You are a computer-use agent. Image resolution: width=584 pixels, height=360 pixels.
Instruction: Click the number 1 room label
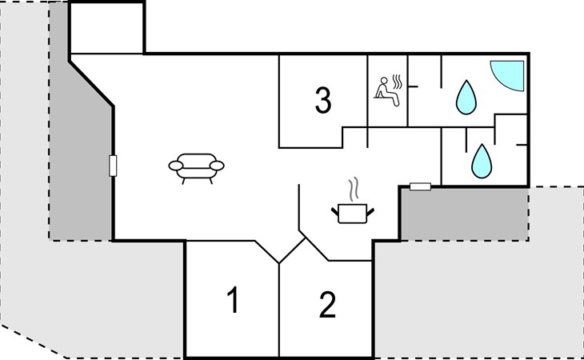click(232, 301)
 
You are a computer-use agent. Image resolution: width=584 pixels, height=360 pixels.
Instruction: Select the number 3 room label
click(322, 101)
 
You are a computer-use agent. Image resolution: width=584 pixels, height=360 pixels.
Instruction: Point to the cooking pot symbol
click(353, 213)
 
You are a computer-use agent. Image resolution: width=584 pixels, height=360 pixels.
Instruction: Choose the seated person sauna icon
click(387, 89)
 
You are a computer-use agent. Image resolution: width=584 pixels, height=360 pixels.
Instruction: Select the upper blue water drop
click(465, 97)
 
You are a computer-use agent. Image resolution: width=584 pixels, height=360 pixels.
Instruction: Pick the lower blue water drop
click(481, 160)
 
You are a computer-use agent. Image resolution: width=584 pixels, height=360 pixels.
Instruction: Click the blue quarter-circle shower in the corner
click(507, 77)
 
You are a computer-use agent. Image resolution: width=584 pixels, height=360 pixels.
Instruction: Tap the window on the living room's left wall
click(113, 166)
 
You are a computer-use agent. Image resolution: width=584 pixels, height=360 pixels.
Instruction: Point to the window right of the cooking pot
click(420, 186)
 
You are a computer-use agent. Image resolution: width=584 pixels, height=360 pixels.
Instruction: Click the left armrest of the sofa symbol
click(174, 166)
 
